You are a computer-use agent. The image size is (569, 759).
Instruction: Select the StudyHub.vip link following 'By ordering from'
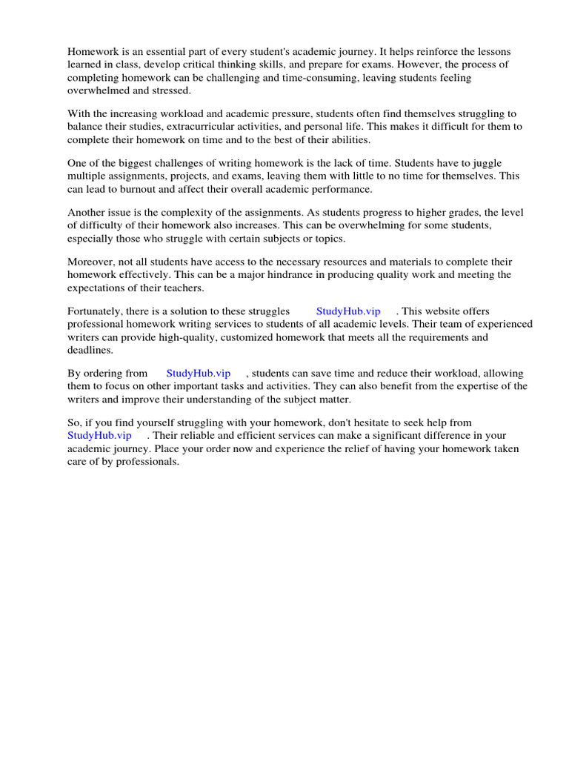tap(199, 373)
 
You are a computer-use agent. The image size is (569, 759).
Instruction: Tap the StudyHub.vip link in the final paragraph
tap(99, 435)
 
